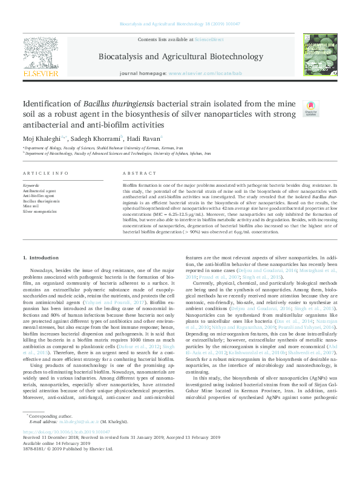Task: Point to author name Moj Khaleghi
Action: click(44, 138)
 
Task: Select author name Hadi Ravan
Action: click(145, 138)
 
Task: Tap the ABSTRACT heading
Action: click(134, 173)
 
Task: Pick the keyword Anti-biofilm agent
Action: click(38, 196)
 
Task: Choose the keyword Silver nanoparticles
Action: click(40, 212)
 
